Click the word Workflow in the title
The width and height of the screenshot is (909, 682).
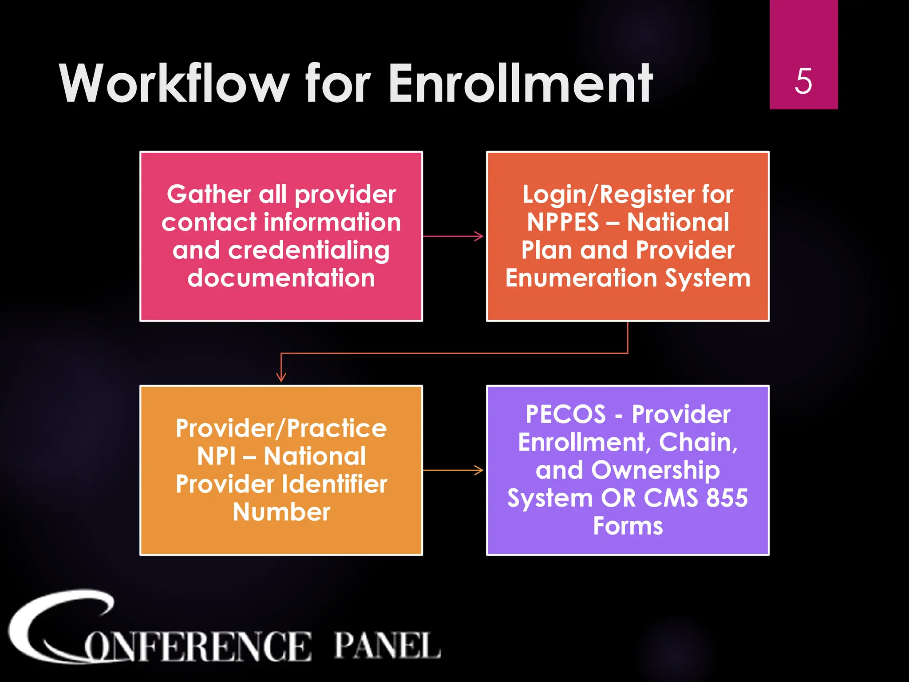(174, 83)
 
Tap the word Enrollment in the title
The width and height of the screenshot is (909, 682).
(520, 83)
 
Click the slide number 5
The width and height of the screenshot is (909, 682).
(803, 81)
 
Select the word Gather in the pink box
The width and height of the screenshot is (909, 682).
(209, 194)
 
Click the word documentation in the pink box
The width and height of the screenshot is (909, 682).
(281, 278)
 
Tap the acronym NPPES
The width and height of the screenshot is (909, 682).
(563, 222)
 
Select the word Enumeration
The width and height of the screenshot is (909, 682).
(581, 278)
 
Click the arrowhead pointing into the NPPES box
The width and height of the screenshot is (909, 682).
(479, 236)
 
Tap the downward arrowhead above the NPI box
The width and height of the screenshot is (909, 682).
(281, 377)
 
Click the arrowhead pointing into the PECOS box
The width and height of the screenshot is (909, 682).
(479, 470)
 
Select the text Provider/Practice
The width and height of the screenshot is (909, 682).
(281, 428)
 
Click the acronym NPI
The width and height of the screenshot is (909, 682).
(216, 456)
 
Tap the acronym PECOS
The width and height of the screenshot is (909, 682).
(565, 414)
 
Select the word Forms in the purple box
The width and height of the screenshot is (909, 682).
(628, 526)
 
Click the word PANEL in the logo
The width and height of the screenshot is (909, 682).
(387, 646)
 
